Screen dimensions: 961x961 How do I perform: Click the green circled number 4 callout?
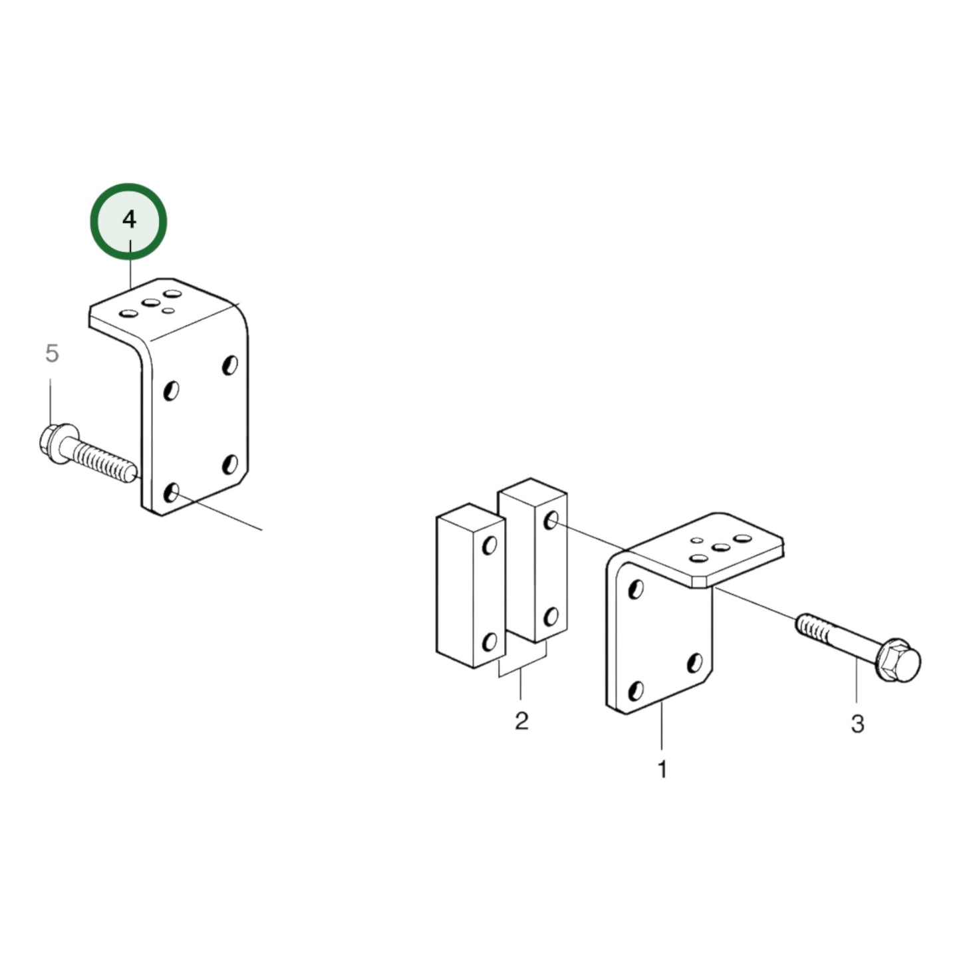pos(128,220)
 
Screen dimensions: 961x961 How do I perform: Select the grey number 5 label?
pos(52,353)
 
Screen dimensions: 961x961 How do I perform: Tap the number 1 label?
pos(662,769)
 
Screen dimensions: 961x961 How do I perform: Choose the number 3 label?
pos(857,723)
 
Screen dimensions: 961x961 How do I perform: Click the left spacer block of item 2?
pos(469,585)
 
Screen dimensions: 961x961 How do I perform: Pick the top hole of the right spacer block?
pos(551,520)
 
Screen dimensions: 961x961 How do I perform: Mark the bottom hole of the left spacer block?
pos(489,642)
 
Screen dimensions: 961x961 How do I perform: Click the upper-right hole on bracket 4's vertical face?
pos(230,364)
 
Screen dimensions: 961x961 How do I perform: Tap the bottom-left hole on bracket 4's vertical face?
pos(172,493)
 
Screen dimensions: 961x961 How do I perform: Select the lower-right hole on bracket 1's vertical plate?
pos(694,662)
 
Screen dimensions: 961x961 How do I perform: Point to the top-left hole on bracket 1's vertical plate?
pos(636,589)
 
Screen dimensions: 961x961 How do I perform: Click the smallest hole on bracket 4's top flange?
pos(169,311)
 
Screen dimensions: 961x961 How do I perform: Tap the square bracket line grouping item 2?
pos(522,673)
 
